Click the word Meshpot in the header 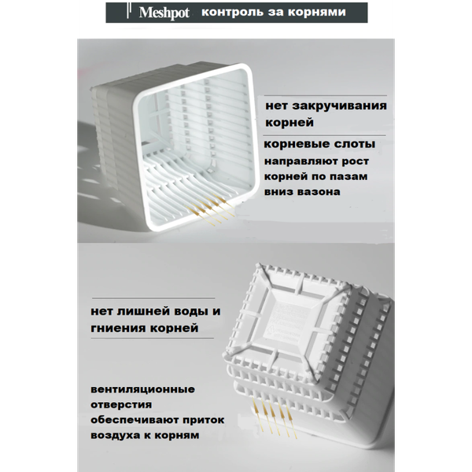[162, 13]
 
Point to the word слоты [350, 146]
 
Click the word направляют [302, 162]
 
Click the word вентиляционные [144, 389]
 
